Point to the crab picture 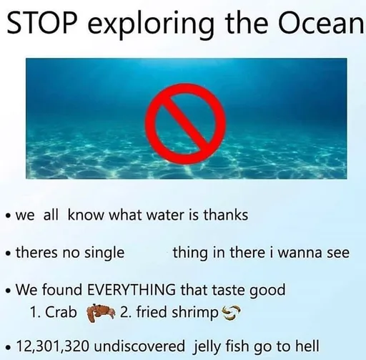click(x=101, y=313)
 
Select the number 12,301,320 click(x=53, y=346)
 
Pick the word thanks click(x=226, y=215)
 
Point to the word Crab click(x=61, y=312)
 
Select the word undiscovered click(x=139, y=346)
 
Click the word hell click(x=307, y=345)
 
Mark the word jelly click(x=206, y=347)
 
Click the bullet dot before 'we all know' click(x=9, y=216)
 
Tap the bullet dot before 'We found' click(x=9, y=291)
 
